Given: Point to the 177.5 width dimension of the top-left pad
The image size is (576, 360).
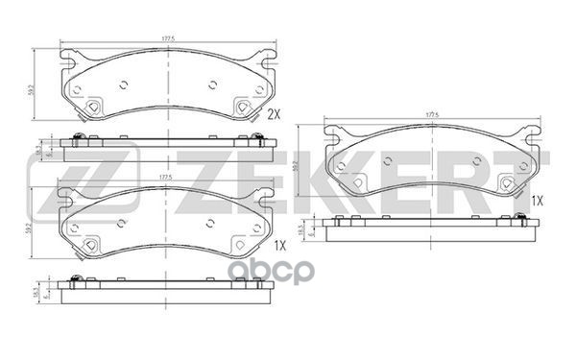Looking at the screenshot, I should point(167,39).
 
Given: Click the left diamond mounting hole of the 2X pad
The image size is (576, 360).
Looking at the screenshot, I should point(95,108).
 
